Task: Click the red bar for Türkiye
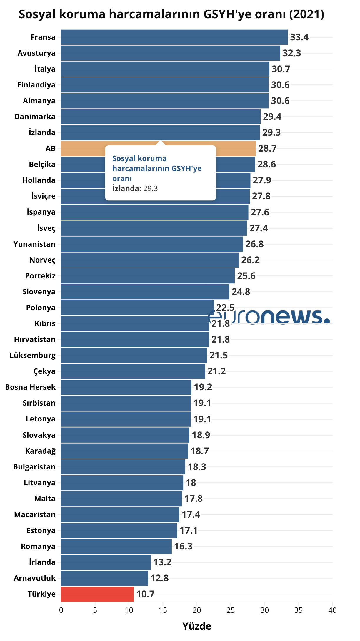click(97, 594)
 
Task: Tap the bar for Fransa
click(174, 37)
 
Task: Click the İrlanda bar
click(106, 562)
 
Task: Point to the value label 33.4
click(299, 37)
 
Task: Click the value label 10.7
click(145, 594)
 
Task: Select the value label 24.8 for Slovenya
click(241, 292)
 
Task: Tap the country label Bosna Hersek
click(30, 387)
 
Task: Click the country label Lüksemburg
click(32, 355)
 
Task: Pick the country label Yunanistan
click(34, 244)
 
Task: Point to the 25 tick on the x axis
click(231, 610)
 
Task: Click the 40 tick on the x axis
click(332, 610)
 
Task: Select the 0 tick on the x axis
click(61, 610)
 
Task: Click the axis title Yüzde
click(197, 626)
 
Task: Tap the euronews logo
click(269, 317)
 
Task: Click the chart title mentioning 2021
click(171, 14)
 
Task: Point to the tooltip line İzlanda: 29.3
click(135, 188)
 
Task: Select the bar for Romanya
click(116, 546)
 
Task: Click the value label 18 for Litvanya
click(191, 483)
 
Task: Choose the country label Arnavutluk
click(34, 578)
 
